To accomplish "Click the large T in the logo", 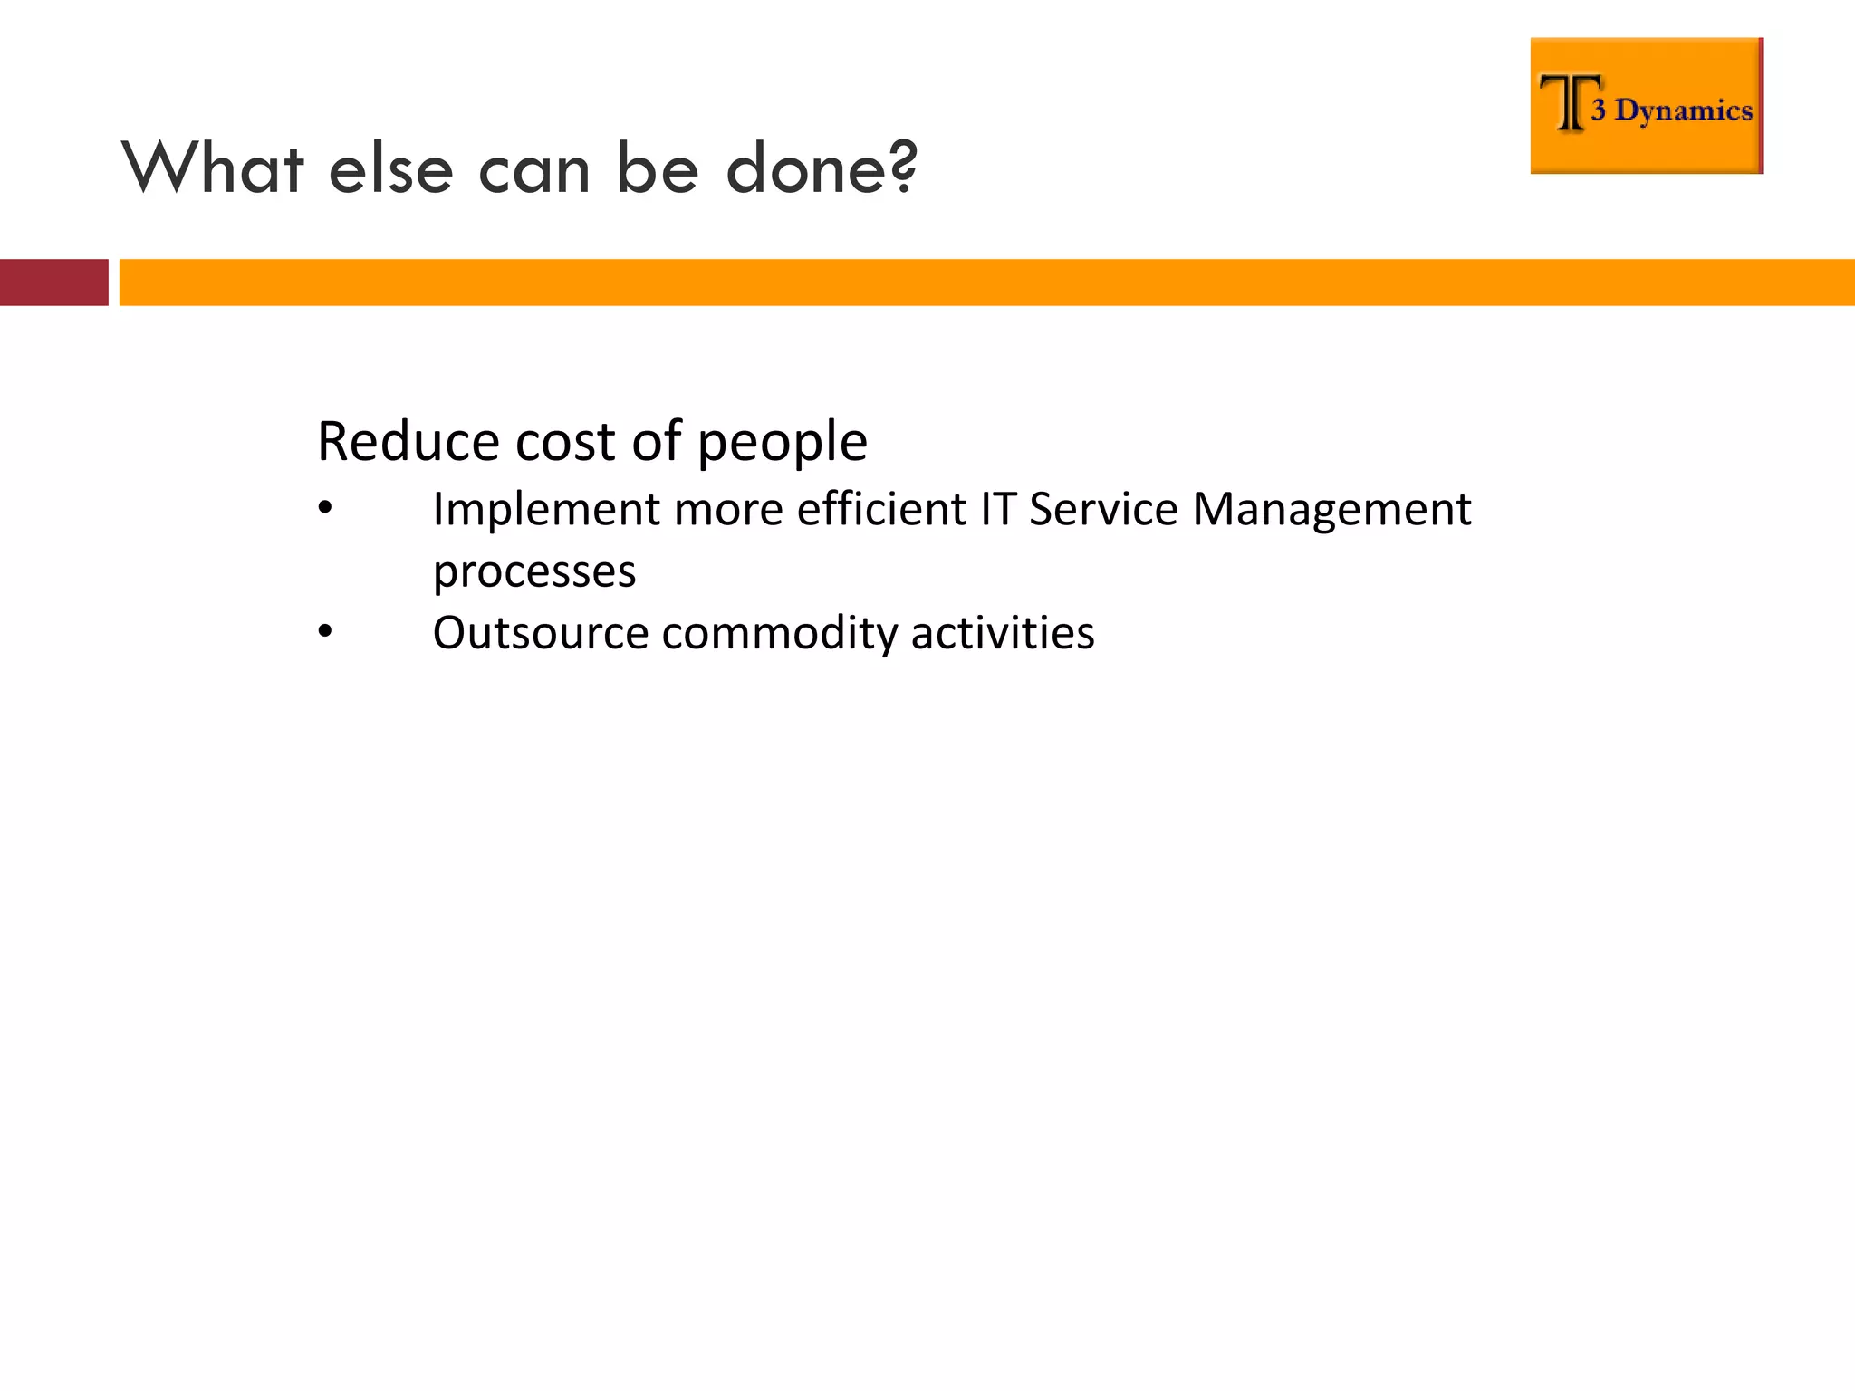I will [x=1569, y=103].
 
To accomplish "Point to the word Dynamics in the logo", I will [x=1683, y=110].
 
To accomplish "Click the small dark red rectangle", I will [x=53, y=283].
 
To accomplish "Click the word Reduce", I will [x=408, y=442].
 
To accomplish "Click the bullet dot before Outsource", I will [x=325, y=632].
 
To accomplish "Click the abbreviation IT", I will [x=997, y=509].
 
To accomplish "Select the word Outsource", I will [x=540, y=632].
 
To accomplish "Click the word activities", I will [x=1003, y=632].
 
